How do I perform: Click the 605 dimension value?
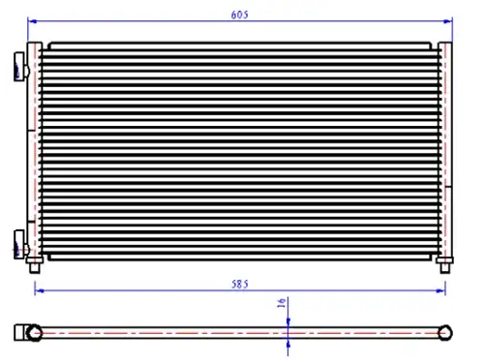pos(240,15)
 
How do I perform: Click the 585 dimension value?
pos(240,285)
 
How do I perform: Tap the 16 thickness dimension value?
pos(282,303)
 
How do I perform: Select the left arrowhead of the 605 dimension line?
pos(32,21)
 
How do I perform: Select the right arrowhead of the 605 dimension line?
pos(448,21)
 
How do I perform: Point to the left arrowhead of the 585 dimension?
pos(39,291)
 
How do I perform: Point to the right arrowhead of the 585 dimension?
pos(441,291)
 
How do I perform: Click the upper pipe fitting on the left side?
pos(21,67)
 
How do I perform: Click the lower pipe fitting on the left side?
pos(21,244)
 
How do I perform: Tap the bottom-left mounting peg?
pos(35,265)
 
